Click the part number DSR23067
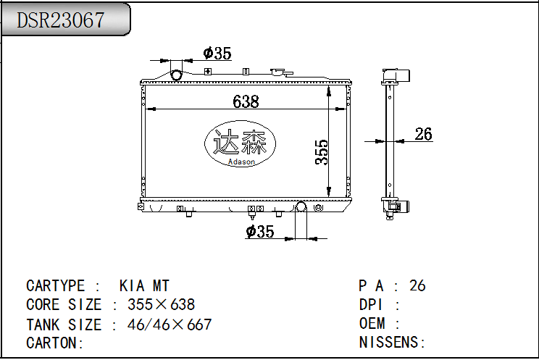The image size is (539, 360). coord(61,20)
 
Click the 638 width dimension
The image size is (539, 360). coord(246,101)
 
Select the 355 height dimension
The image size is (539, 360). coord(322,152)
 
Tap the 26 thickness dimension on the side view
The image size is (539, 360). coord(423,134)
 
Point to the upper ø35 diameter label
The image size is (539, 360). coord(217,54)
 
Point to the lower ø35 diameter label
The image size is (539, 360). coord(260,231)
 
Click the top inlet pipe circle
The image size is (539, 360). coord(176,75)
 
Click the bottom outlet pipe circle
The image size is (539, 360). coord(301,206)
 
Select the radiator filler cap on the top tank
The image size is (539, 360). coord(281,72)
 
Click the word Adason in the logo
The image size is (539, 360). coord(242,162)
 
